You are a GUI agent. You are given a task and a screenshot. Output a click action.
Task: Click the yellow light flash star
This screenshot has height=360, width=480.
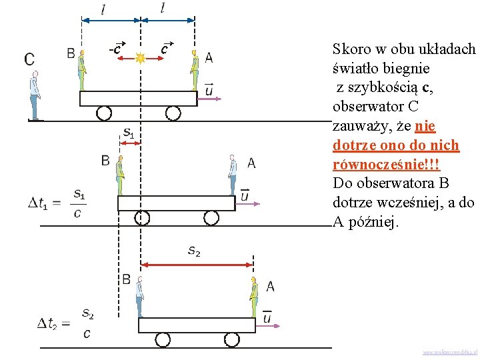(x=140, y=58)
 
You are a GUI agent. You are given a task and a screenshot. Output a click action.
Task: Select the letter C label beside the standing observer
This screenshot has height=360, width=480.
(x=29, y=59)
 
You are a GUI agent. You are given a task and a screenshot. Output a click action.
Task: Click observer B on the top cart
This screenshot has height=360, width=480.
(x=82, y=69)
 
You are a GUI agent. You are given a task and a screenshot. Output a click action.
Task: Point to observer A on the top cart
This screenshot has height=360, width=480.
(x=195, y=69)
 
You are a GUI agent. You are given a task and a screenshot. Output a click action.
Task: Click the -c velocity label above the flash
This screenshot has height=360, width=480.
(x=116, y=49)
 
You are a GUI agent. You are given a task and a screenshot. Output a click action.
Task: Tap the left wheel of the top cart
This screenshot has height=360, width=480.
(x=104, y=113)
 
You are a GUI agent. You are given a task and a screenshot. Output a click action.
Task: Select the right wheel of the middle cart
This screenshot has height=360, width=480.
(x=211, y=218)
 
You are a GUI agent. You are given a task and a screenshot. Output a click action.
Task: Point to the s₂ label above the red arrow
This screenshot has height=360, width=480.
(x=194, y=251)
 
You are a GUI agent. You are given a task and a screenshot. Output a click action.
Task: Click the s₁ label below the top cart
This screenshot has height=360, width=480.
(x=129, y=134)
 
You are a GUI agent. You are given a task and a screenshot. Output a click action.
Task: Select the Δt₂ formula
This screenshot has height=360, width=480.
(x=65, y=323)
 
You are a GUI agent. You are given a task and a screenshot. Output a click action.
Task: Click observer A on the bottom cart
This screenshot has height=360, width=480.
(x=253, y=297)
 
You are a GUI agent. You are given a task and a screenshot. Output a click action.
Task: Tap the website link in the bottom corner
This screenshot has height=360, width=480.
(x=449, y=351)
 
